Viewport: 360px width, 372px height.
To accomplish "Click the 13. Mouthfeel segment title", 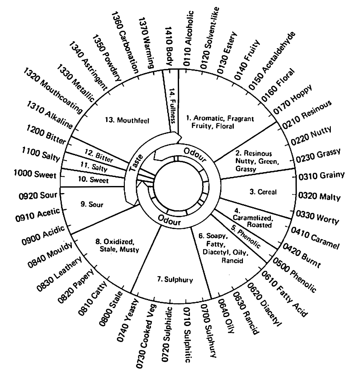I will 128,120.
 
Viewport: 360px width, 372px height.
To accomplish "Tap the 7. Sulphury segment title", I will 175,279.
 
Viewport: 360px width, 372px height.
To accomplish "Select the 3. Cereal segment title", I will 263,192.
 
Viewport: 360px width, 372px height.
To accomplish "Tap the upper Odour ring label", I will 195,154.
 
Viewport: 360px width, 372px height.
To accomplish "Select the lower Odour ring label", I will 169,220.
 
